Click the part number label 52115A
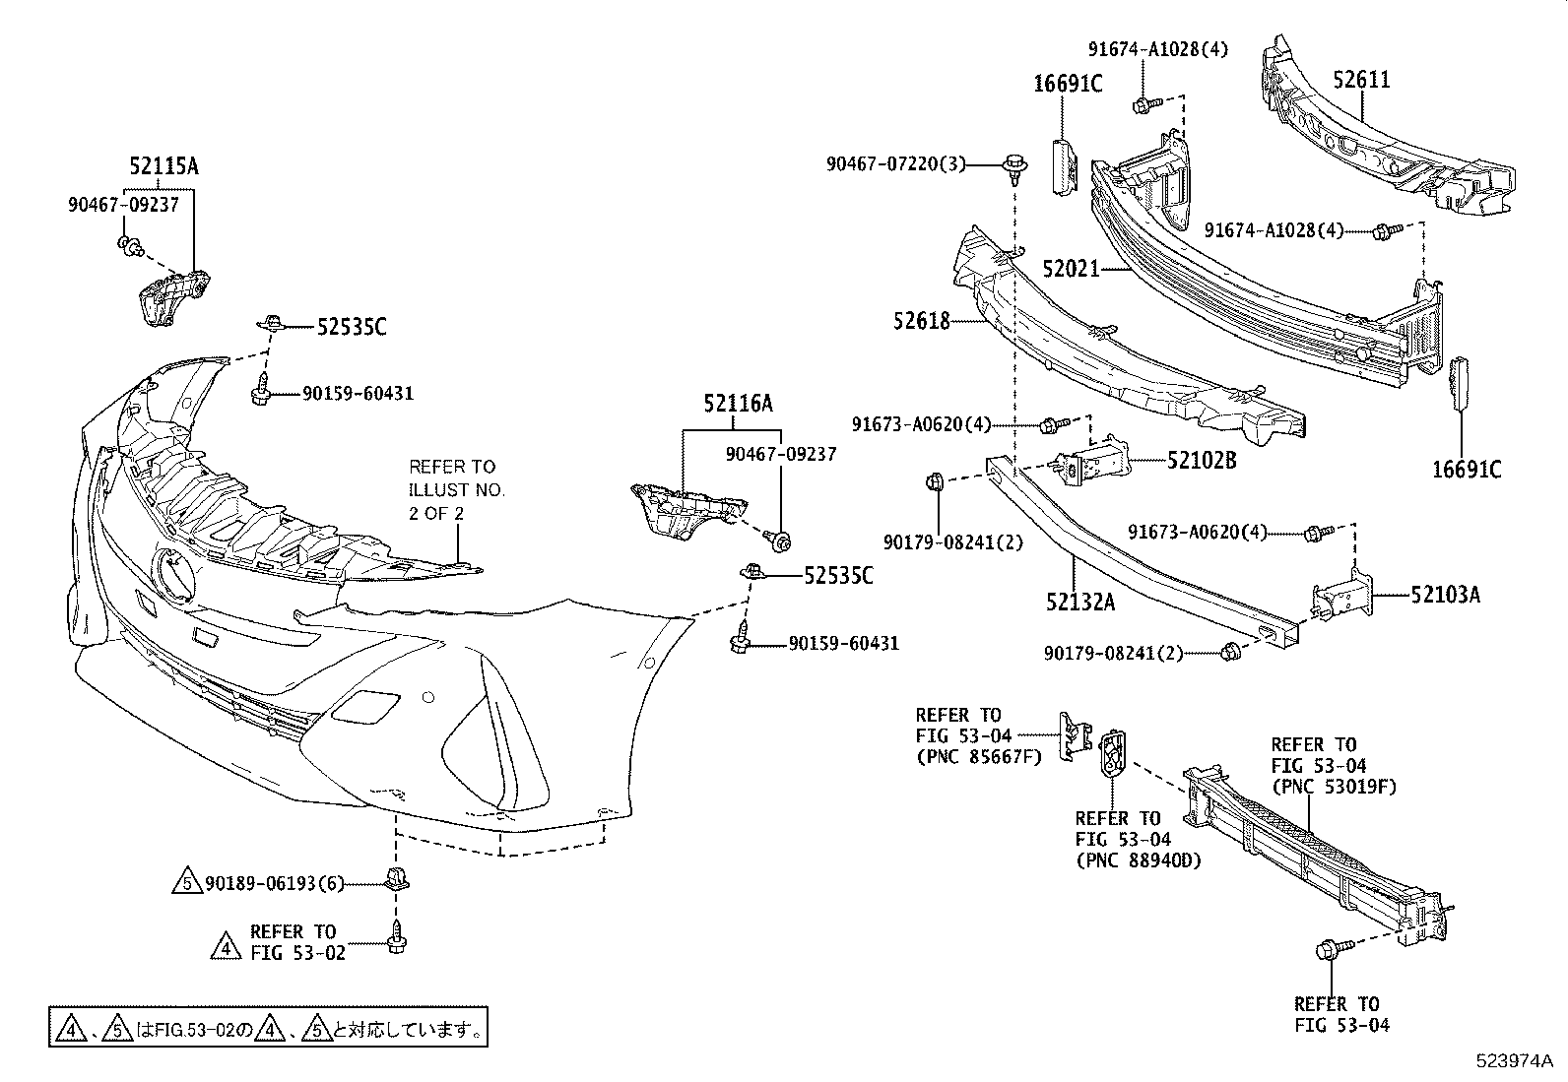click(163, 166)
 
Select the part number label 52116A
click(738, 403)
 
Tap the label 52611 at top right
click(1361, 80)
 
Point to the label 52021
click(1071, 268)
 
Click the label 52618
click(922, 320)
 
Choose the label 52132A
click(1080, 602)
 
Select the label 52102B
click(1202, 460)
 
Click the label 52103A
click(1445, 595)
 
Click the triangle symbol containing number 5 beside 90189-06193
click(188, 884)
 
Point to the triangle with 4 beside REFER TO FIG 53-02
click(226, 948)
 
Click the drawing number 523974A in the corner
click(1513, 1061)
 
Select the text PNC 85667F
click(979, 756)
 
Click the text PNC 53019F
click(1334, 786)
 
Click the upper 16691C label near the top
click(1068, 84)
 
